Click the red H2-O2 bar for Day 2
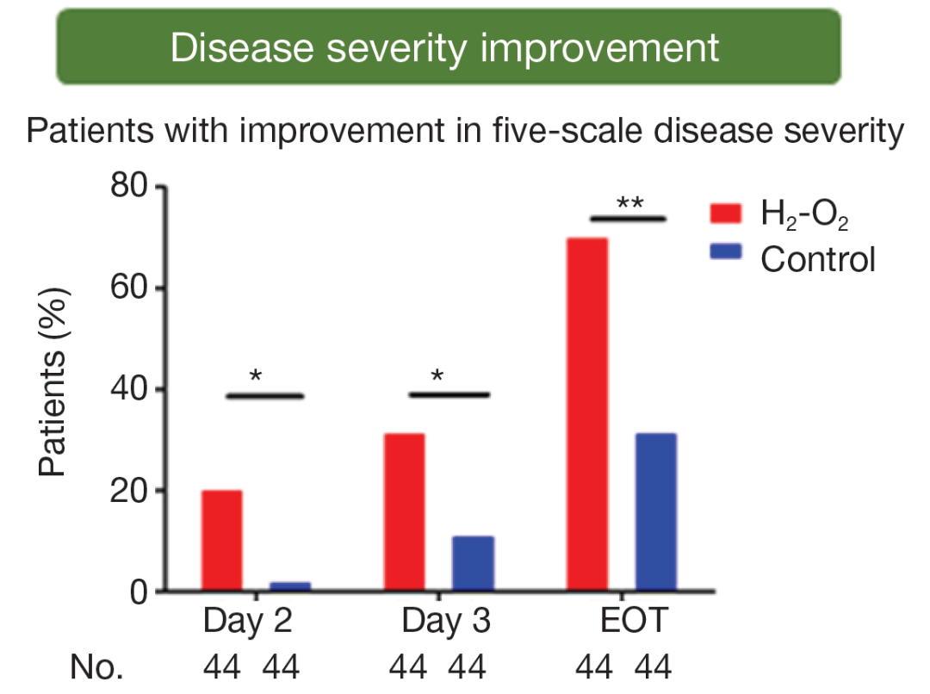click(x=221, y=541)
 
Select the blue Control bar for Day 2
click(x=290, y=586)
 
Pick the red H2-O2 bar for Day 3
click(x=404, y=512)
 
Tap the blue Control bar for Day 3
click(x=473, y=564)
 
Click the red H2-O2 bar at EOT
click(x=587, y=414)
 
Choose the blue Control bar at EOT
click(x=655, y=512)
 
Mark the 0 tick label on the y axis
click(x=141, y=592)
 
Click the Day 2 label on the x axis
click(x=247, y=622)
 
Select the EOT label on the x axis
click(x=631, y=622)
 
